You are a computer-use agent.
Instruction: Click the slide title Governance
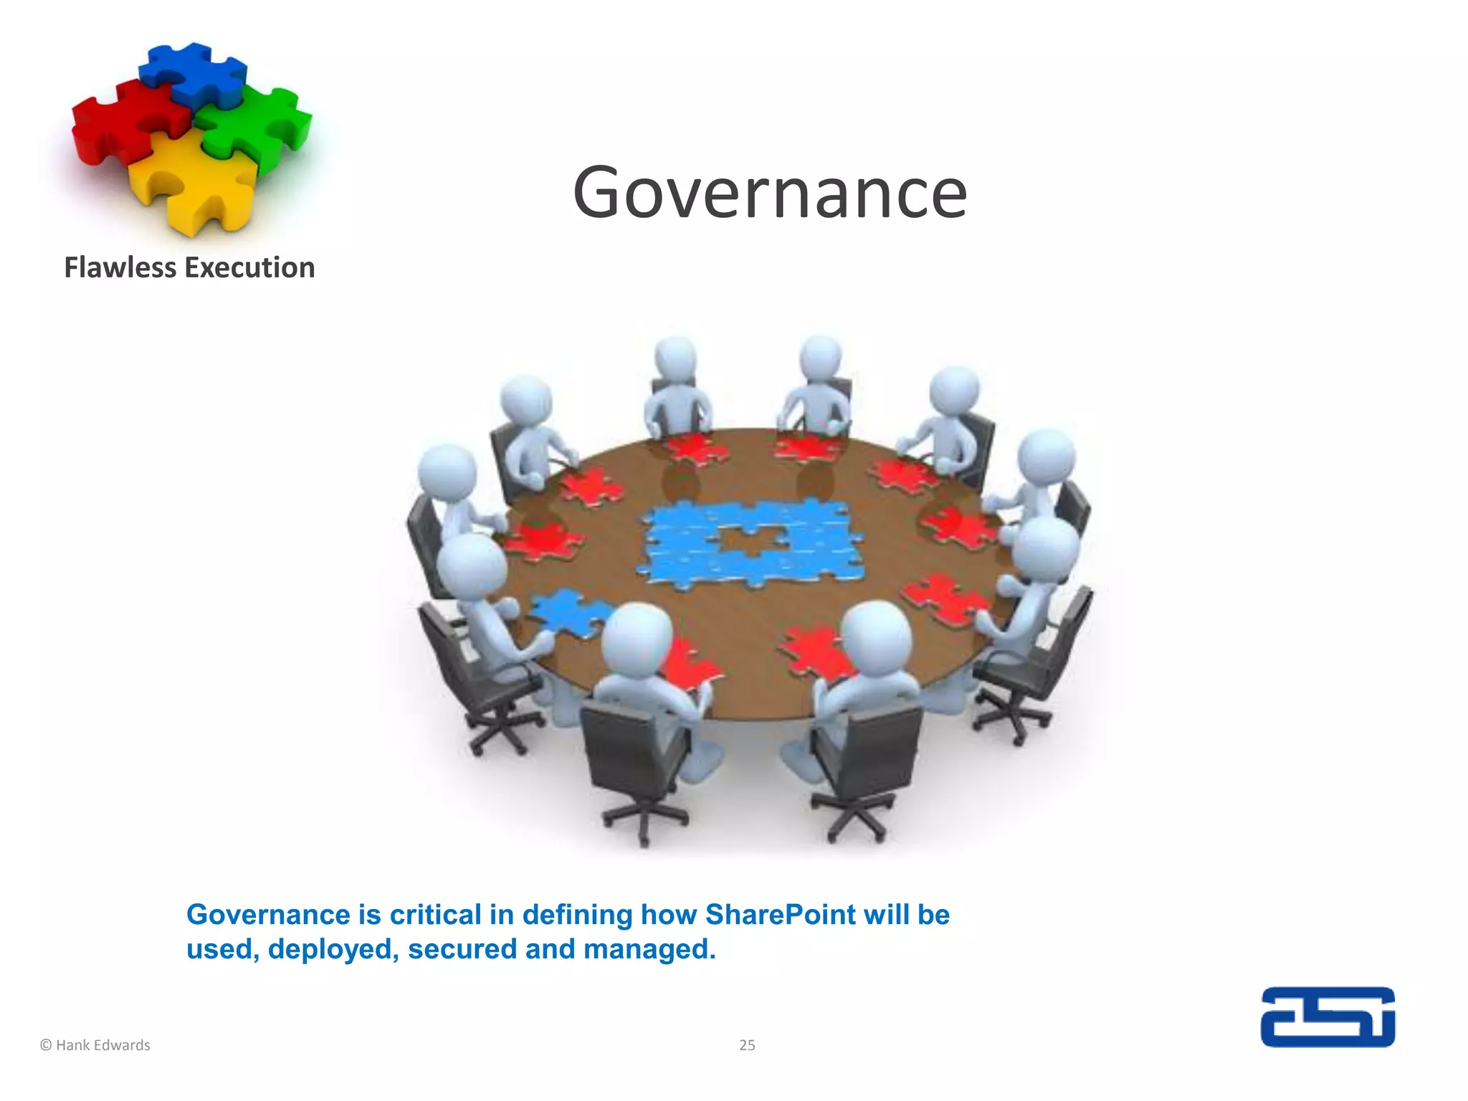coord(770,192)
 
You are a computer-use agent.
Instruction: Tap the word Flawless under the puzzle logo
coord(120,268)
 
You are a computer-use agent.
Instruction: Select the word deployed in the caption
coord(333,950)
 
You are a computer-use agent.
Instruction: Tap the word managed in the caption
coord(649,950)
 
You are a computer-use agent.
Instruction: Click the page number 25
coord(747,1046)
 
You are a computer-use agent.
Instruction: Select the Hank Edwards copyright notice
coord(95,1046)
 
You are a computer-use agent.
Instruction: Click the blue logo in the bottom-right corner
coord(1328,1017)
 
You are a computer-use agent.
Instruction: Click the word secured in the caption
coord(462,950)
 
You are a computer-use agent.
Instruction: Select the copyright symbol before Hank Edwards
coord(46,1046)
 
